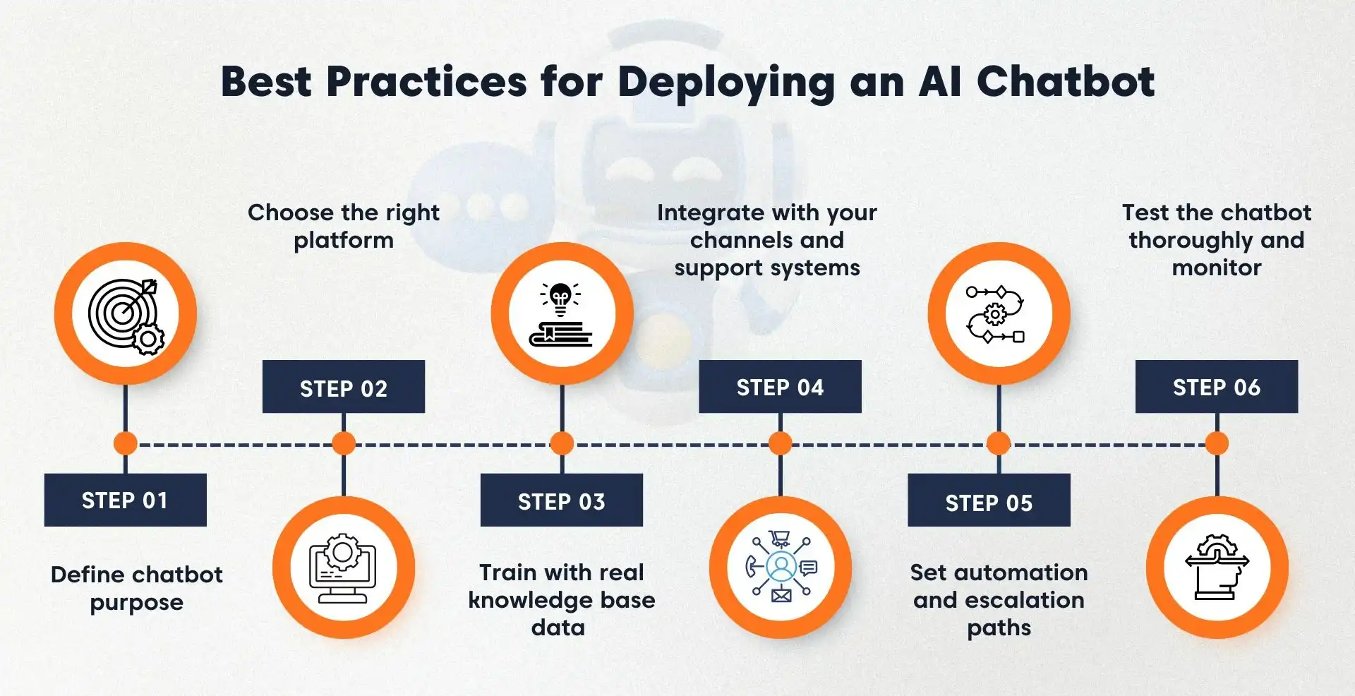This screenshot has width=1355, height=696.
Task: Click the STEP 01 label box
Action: tap(125, 500)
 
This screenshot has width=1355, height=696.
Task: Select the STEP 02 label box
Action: tap(343, 387)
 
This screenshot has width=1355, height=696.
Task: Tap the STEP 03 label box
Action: tap(561, 500)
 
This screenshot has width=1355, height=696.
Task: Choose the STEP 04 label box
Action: tap(780, 387)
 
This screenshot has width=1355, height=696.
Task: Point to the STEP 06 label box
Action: tap(1216, 387)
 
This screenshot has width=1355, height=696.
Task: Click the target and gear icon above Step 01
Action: tap(126, 313)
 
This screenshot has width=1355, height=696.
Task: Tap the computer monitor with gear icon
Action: tap(343, 568)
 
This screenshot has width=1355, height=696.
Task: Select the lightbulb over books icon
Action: tap(562, 313)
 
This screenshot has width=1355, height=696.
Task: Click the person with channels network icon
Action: tap(781, 568)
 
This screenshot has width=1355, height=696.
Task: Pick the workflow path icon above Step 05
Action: tap(998, 313)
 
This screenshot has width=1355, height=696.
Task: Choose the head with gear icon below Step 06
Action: tap(1217, 568)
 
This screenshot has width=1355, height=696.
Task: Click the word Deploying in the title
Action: tap(726, 83)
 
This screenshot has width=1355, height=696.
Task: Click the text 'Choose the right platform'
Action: tap(343, 226)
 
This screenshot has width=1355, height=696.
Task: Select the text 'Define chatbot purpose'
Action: tap(136, 588)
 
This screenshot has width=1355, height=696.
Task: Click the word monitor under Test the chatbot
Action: tap(1216, 268)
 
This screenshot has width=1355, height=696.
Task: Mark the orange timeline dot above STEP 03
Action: tap(562, 443)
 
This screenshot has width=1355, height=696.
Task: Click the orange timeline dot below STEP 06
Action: tap(1217, 443)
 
